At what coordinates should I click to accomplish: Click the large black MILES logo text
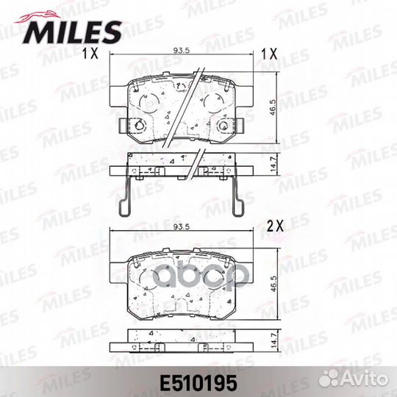coord(73,32)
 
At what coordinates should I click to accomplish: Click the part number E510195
coord(198,382)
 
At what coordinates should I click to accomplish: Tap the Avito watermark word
coord(365,379)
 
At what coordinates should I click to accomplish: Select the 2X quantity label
coord(275,226)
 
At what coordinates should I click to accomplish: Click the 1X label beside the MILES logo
coord(90,53)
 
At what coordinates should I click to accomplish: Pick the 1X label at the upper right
coord(269,54)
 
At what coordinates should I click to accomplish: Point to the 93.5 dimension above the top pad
coord(182,51)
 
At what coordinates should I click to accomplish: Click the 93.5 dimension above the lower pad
coord(182,227)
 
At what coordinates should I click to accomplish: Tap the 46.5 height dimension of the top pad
coord(273,107)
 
